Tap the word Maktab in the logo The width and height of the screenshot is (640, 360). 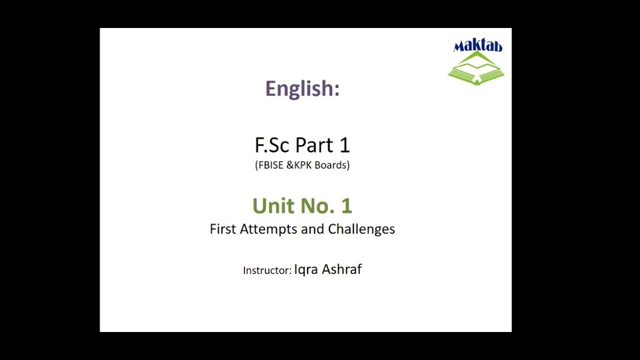477,46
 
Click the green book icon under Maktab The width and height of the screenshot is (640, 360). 476,68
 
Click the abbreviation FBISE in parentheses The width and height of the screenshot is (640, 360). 270,165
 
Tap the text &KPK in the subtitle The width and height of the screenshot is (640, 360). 299,165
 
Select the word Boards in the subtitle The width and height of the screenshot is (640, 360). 331,165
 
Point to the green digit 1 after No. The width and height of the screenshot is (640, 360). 346,206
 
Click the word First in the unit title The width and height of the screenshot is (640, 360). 223,229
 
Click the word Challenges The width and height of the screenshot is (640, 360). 361,229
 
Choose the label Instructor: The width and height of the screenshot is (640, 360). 267,270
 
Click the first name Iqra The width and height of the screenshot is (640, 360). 306,270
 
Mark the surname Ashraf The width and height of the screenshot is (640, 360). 341,269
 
